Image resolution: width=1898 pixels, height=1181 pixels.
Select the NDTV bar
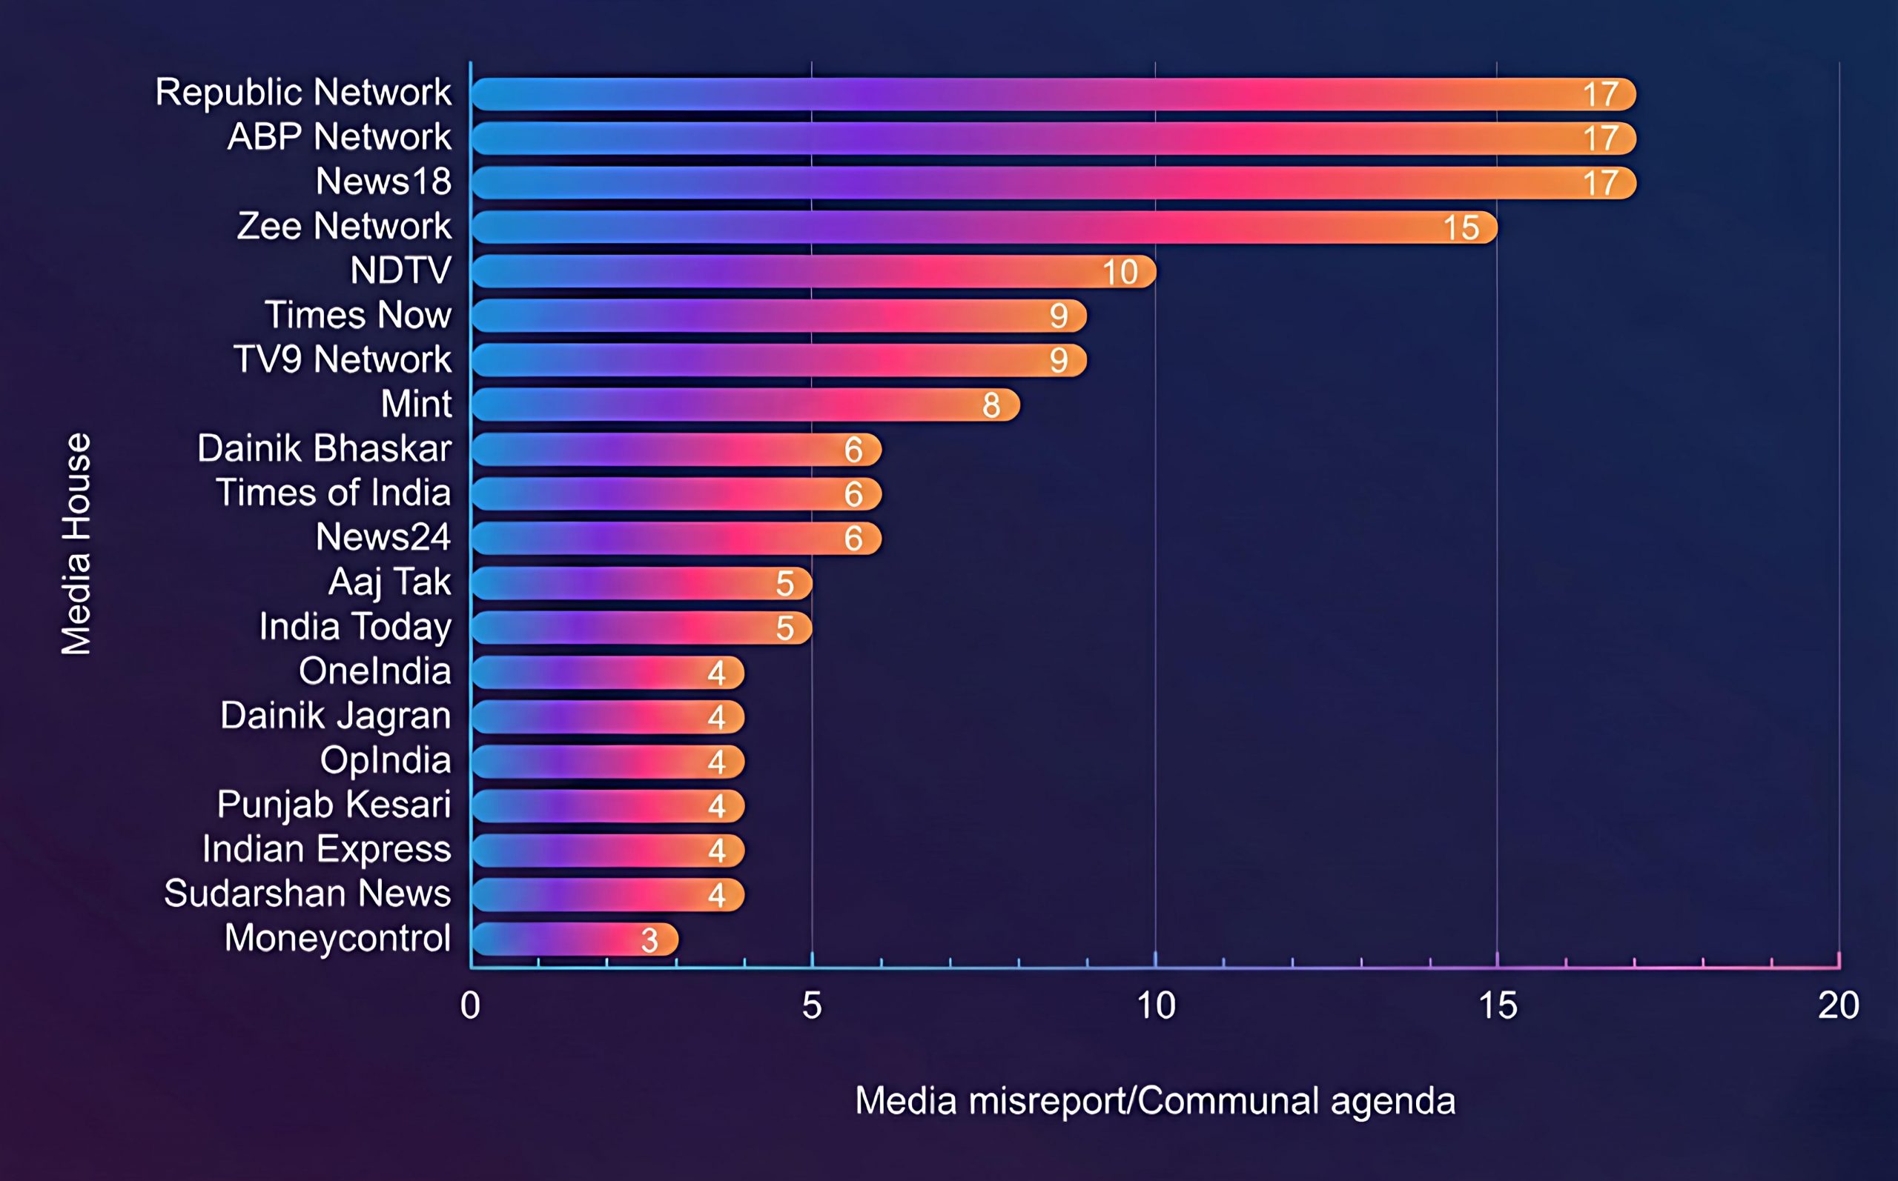coord(813,272)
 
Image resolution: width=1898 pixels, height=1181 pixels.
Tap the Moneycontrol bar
coord(575,939)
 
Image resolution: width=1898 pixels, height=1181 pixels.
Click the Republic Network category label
coord(303,92)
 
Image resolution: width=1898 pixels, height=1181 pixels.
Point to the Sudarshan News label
coord(307,894)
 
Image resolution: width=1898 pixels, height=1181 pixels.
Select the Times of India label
coord(334,493)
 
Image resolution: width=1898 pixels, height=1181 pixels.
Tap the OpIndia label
coord(386,760)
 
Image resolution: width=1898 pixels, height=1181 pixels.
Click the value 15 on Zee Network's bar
coord(1461,228)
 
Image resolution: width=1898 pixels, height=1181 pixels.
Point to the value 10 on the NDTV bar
coord(1120,273)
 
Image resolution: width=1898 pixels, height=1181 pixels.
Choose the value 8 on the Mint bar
coord(991,405)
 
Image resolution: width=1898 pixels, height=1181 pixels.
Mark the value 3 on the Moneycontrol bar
coord(649,940)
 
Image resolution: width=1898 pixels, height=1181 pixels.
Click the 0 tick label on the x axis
coord(470,1006)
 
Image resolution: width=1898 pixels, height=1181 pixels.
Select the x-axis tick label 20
coord(1838,1006)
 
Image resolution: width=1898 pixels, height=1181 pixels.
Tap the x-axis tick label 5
coord(812,1006)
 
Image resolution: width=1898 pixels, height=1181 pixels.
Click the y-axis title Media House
coord(76,544)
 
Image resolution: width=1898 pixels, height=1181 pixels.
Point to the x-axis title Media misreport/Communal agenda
coord(1155,1101)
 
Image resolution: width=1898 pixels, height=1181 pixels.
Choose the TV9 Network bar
coord(778,360)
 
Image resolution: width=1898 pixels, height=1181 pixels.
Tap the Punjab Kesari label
coord(334,805)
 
